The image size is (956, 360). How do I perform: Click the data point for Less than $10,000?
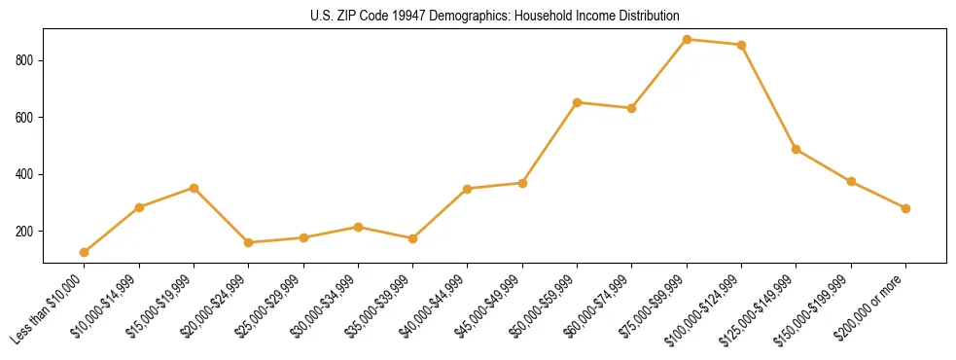tap(85, 252)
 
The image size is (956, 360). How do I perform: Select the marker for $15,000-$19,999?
tap(195, 188)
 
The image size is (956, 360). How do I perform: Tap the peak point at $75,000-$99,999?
tap(687, 39)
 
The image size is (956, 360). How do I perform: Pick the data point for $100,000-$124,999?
tap(742, 45)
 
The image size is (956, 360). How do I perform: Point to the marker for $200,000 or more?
tap(905, 208)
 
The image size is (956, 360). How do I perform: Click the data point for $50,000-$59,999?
tap(578, 102)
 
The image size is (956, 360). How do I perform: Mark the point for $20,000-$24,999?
tap(249, 242)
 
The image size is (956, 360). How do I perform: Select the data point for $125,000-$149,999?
tap(797, 149)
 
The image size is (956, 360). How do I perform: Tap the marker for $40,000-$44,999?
tap(468, 189)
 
